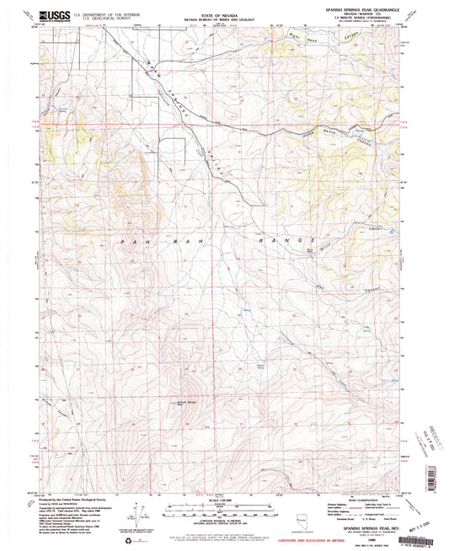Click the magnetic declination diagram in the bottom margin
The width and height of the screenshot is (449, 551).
tap(153, 511)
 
